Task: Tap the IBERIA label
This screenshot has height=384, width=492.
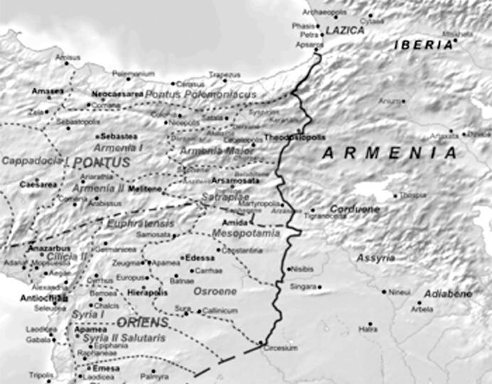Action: pos(423,45)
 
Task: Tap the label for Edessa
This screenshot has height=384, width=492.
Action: pos(199,257)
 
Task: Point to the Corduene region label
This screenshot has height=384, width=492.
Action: pos(355,209)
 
